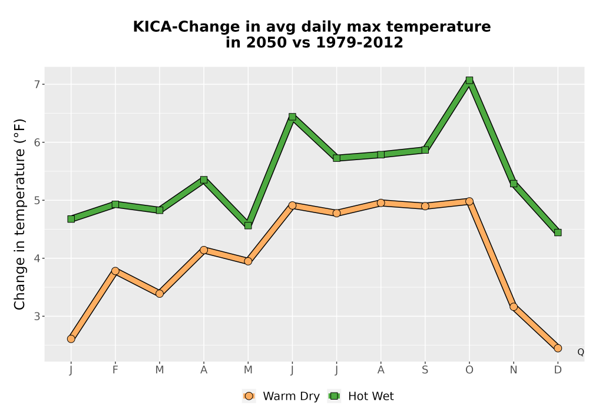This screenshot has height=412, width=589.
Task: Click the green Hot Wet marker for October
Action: [469, 80]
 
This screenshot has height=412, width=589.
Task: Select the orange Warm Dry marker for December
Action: [558, 348]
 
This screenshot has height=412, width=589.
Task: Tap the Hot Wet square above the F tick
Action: [115, 204]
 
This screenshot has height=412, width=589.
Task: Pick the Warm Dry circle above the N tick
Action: [514, 307]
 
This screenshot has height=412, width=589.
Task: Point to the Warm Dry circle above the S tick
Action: [425, 206]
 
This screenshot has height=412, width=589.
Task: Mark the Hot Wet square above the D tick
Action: [558, 232]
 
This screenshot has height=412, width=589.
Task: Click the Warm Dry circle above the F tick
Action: [115, 271]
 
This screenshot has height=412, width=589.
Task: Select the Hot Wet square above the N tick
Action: [514, 184]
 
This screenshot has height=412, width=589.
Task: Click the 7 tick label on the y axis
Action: [37, 84]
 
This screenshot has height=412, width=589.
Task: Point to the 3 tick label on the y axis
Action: [37, 316]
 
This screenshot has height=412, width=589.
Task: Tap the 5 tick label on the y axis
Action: [37, 200]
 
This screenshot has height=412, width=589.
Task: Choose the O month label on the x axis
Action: [469, 370]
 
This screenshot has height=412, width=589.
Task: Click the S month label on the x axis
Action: [425, 370]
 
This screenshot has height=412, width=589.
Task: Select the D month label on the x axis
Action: [558, 370]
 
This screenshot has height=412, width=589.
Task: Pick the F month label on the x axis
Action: [115, 370]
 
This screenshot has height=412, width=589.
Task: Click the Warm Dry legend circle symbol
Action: [249, 396]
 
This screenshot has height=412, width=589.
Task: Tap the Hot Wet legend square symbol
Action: [334, 396]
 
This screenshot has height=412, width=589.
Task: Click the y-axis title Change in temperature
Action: [19, 214]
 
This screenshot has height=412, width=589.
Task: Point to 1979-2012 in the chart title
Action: [359, 42]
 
